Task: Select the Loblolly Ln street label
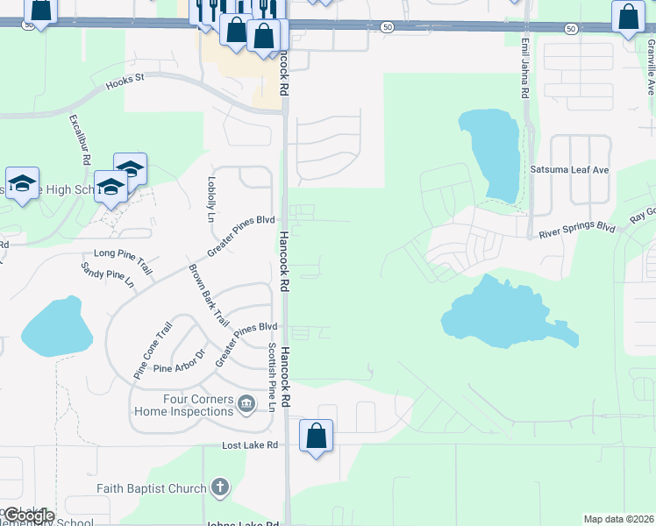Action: [x=211, y=198]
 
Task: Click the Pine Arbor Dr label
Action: [x=178, y=361]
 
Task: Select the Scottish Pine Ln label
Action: [x=272, y=377]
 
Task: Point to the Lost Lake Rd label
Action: [x=250, y=445]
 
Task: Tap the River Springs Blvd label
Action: [x=576, y=231]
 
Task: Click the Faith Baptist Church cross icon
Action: [x=219, y=487]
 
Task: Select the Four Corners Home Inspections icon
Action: [x=246, y=403]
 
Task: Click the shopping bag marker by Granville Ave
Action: [x=628, y=17]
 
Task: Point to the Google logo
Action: [x=29, y=515]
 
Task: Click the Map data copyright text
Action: [x=618, y=519]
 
